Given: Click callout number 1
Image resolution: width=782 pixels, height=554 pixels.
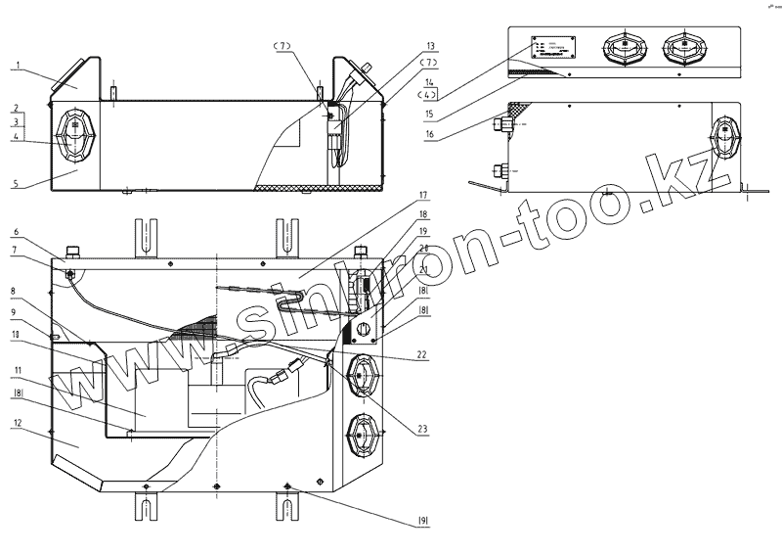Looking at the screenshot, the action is (x=17, y=67).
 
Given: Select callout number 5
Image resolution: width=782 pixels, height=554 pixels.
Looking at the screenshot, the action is (x=18, y=183).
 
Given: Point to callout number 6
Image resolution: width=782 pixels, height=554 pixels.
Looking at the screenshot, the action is (x=18, y=232).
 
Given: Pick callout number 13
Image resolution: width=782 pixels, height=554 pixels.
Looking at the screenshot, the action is (x=431, y=46).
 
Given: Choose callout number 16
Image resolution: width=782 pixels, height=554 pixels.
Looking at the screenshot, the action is (x=431, y=133).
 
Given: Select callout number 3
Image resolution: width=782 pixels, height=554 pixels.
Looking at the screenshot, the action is (x=17, y=121).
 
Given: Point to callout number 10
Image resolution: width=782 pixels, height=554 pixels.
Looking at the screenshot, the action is (x=18, y=334).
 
